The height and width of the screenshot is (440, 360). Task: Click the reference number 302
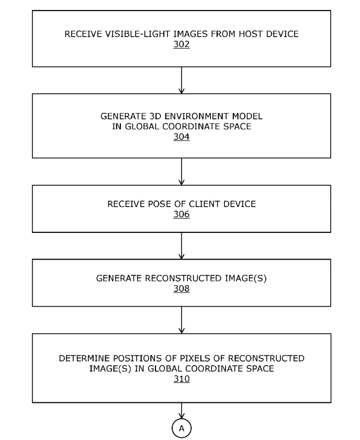coord(181,44)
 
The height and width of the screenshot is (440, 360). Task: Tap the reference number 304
coord(181,137)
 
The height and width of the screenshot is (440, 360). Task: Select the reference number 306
coord(181,215)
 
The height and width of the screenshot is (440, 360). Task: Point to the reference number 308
coord(181,289)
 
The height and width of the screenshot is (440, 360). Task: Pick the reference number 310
coord(182,379)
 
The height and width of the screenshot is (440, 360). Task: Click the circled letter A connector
coord(182,428)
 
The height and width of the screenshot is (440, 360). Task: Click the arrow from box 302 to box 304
coord(182,80)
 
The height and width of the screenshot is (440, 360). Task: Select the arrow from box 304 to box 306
coord(182,172)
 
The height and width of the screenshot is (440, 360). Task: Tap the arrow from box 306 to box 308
coord(182,246)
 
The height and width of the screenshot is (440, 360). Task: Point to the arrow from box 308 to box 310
coord(182,320)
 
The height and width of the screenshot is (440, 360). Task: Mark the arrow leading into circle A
coord(182,411)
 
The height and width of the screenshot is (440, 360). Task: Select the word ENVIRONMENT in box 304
coord(197,116)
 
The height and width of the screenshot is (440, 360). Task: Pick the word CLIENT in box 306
coord(205,204)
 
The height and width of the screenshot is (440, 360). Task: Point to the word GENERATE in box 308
coord(119,278)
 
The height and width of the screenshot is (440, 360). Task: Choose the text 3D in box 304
coord(154,116)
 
